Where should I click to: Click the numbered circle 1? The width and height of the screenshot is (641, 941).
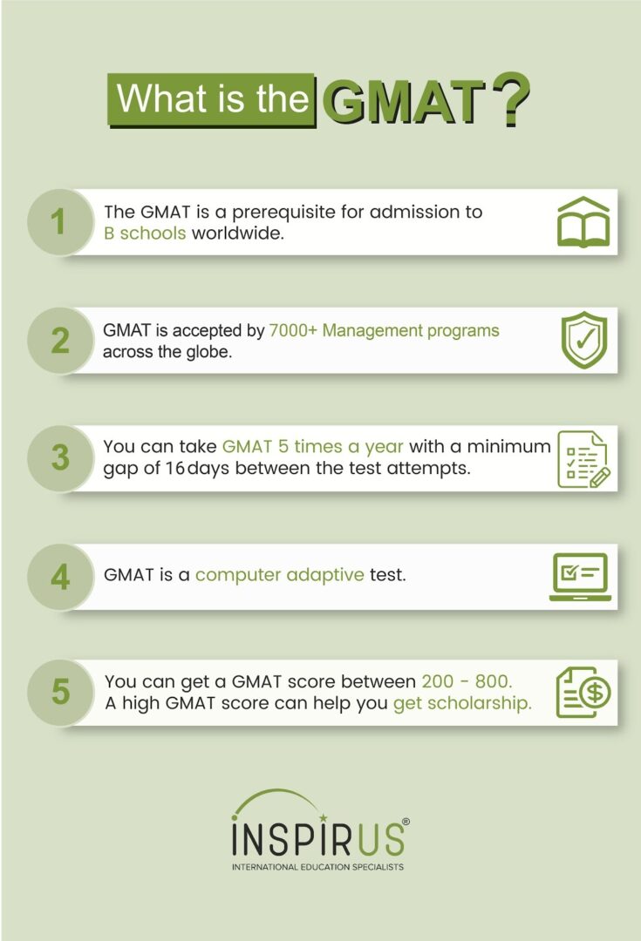click(x=59, y=221)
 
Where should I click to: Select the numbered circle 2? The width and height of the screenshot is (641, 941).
click(x=59, y=341)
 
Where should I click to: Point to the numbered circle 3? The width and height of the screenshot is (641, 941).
click(x=59, y=458)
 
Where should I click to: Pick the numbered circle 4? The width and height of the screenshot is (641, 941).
click(x=59, y=577)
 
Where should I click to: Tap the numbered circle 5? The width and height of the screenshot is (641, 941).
click(x=59, y=692)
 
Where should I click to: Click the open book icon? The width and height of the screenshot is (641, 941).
click(x=583, y=221)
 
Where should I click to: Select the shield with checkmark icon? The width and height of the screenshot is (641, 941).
click(x=584, y=340)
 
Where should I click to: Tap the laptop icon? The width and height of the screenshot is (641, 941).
click(x=580, y=577)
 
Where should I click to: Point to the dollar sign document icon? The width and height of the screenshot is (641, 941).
click(x=583, y=693)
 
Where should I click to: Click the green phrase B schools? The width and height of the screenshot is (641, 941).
click(x=145, y=233)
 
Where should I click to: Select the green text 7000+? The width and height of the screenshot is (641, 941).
click(x=292, y=330)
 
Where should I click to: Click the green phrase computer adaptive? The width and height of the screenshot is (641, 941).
click(x=279, y=575)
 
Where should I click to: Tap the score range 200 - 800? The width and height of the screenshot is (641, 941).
click(x=467, y=681)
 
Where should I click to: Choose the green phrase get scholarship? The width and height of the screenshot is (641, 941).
click(x=462, y=703)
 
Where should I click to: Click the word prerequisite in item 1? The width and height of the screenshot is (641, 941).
click(x=283, y=213)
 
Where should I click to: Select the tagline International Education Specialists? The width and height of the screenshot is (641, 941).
click(x=317, y=867)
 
